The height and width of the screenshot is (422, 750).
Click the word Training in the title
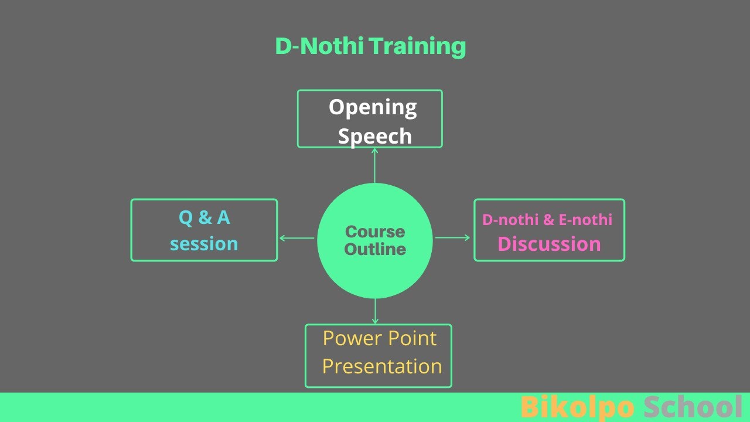click(418, 46)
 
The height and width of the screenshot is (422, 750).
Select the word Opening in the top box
click(373, 107)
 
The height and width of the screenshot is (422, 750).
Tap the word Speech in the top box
click(375, 136)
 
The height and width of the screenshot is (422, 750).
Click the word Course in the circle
click(375, 232)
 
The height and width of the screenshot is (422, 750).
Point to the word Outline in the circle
click(375, 249)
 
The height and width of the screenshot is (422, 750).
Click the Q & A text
click(204, 218)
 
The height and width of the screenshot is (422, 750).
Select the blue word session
click(204, 244)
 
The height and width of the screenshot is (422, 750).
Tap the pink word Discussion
click(549, 244)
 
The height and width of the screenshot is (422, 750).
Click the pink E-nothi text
click(586, 220)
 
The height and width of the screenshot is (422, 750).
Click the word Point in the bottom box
click(414, 338)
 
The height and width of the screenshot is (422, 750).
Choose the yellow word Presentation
click(382, 366)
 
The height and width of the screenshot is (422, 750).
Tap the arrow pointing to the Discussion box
click(452, 237)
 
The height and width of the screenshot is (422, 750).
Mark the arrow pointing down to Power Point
click(375, 311)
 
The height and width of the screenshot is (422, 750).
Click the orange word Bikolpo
click(577, 407)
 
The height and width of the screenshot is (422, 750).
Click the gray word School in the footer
click(693, 407)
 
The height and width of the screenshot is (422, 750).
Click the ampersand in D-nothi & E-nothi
click(548, 220)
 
